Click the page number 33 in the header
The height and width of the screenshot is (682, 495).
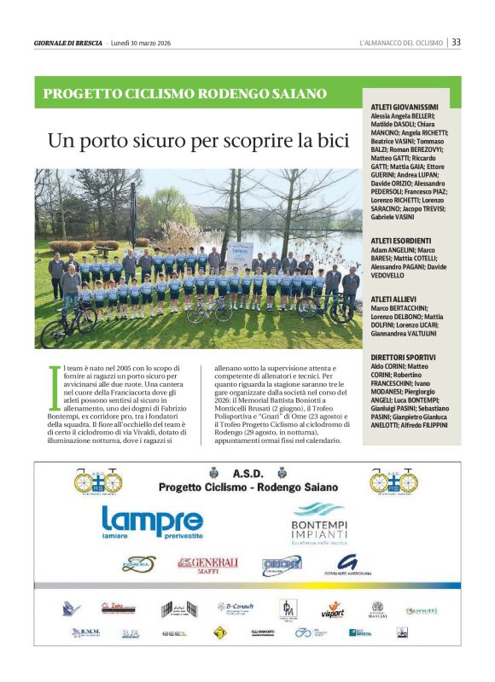pyautogui.click(x=457, y=42)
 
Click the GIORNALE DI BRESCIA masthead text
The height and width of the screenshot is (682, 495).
pyautogui.click(x=68, y=43)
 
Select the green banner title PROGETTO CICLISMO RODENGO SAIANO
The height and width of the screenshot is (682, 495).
pyautogui.click(x=185, y=93)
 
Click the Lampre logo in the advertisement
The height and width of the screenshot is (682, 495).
pyautogui.click(x=152, y=522)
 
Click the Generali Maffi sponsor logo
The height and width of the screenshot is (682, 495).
pyautogui.click(x=207, y=564)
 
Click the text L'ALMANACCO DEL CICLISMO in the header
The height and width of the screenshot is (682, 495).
pyautogui.click(x=401, y=43)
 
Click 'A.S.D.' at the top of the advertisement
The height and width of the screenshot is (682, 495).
pyautogui.click(x=247, y=473)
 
